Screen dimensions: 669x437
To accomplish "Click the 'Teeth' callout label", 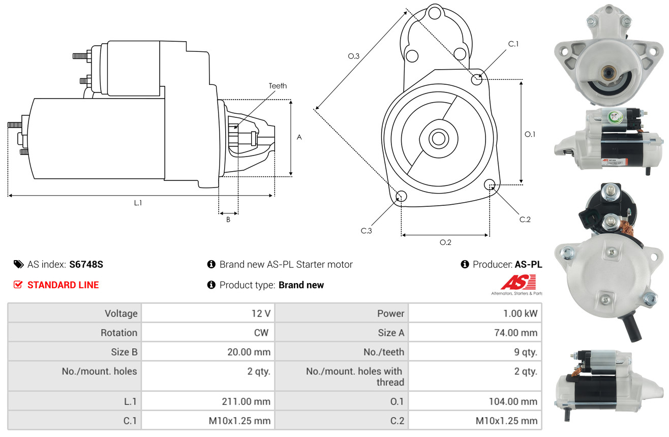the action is [278, 86].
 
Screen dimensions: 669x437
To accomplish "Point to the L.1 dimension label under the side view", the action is [138, 203].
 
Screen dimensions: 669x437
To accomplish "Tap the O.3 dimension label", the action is [354, 56].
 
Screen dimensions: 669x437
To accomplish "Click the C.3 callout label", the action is [366, 231].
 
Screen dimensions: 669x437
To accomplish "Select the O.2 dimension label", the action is [445, 242].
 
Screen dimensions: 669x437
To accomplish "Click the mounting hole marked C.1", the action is [477, 79].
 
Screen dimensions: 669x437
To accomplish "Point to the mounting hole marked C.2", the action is [490, 184].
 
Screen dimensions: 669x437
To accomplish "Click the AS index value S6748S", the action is [86, 264].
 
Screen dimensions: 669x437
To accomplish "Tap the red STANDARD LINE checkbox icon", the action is [18, 285].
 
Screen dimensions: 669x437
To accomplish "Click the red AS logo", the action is [518, 282].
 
